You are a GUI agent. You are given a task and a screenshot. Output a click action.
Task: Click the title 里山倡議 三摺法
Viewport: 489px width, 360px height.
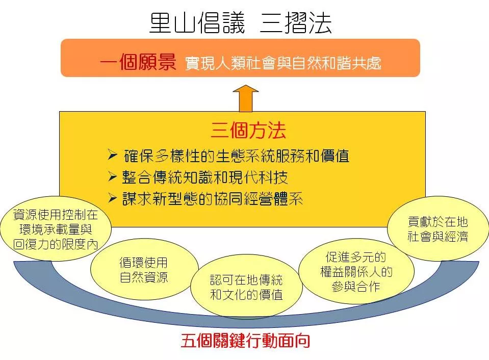[240, 23]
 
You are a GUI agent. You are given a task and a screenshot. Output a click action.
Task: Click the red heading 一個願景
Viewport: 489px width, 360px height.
[138, 62]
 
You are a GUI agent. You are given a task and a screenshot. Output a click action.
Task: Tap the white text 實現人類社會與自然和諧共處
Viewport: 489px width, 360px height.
[283, 63]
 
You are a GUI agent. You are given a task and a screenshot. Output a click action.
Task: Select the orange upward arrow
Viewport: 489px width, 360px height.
[246, 98]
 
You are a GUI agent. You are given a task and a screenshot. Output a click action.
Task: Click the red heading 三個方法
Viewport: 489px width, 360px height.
[248, 130]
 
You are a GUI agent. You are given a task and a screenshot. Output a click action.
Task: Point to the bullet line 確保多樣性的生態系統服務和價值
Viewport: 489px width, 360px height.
[236, 156]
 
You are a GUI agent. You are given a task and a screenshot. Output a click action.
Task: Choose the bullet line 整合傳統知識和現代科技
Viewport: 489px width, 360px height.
[204, 177]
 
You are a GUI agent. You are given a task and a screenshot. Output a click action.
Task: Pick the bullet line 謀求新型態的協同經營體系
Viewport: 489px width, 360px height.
[213, 199]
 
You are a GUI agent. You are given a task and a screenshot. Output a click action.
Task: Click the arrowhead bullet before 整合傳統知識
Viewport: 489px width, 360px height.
[112, 176]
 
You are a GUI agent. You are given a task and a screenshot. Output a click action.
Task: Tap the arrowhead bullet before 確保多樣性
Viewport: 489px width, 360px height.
[112, 155]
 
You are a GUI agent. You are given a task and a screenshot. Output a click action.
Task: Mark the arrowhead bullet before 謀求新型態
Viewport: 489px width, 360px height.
[112, 198]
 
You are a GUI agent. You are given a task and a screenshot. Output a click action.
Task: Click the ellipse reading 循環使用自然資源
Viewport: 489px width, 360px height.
[144, 269]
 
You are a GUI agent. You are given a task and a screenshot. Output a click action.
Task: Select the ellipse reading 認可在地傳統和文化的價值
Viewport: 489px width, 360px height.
[246, 287]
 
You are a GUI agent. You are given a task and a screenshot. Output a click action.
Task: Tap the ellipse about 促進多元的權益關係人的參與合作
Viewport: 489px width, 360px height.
[356, 271]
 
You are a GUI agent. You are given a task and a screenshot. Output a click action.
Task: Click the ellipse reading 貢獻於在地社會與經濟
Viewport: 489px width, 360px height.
[438, 228]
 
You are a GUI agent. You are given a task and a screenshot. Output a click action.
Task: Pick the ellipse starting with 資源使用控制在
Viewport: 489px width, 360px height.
[56, 228]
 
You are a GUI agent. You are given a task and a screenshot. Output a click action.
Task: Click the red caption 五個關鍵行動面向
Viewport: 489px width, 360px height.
[245, 340]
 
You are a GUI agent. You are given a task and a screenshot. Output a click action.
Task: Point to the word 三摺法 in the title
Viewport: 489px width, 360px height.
[296, 23]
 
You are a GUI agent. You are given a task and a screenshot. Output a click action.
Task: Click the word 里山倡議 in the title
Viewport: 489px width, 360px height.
[197, 23]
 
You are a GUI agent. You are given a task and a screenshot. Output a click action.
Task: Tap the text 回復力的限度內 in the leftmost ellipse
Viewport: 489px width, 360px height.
[56, 244]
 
